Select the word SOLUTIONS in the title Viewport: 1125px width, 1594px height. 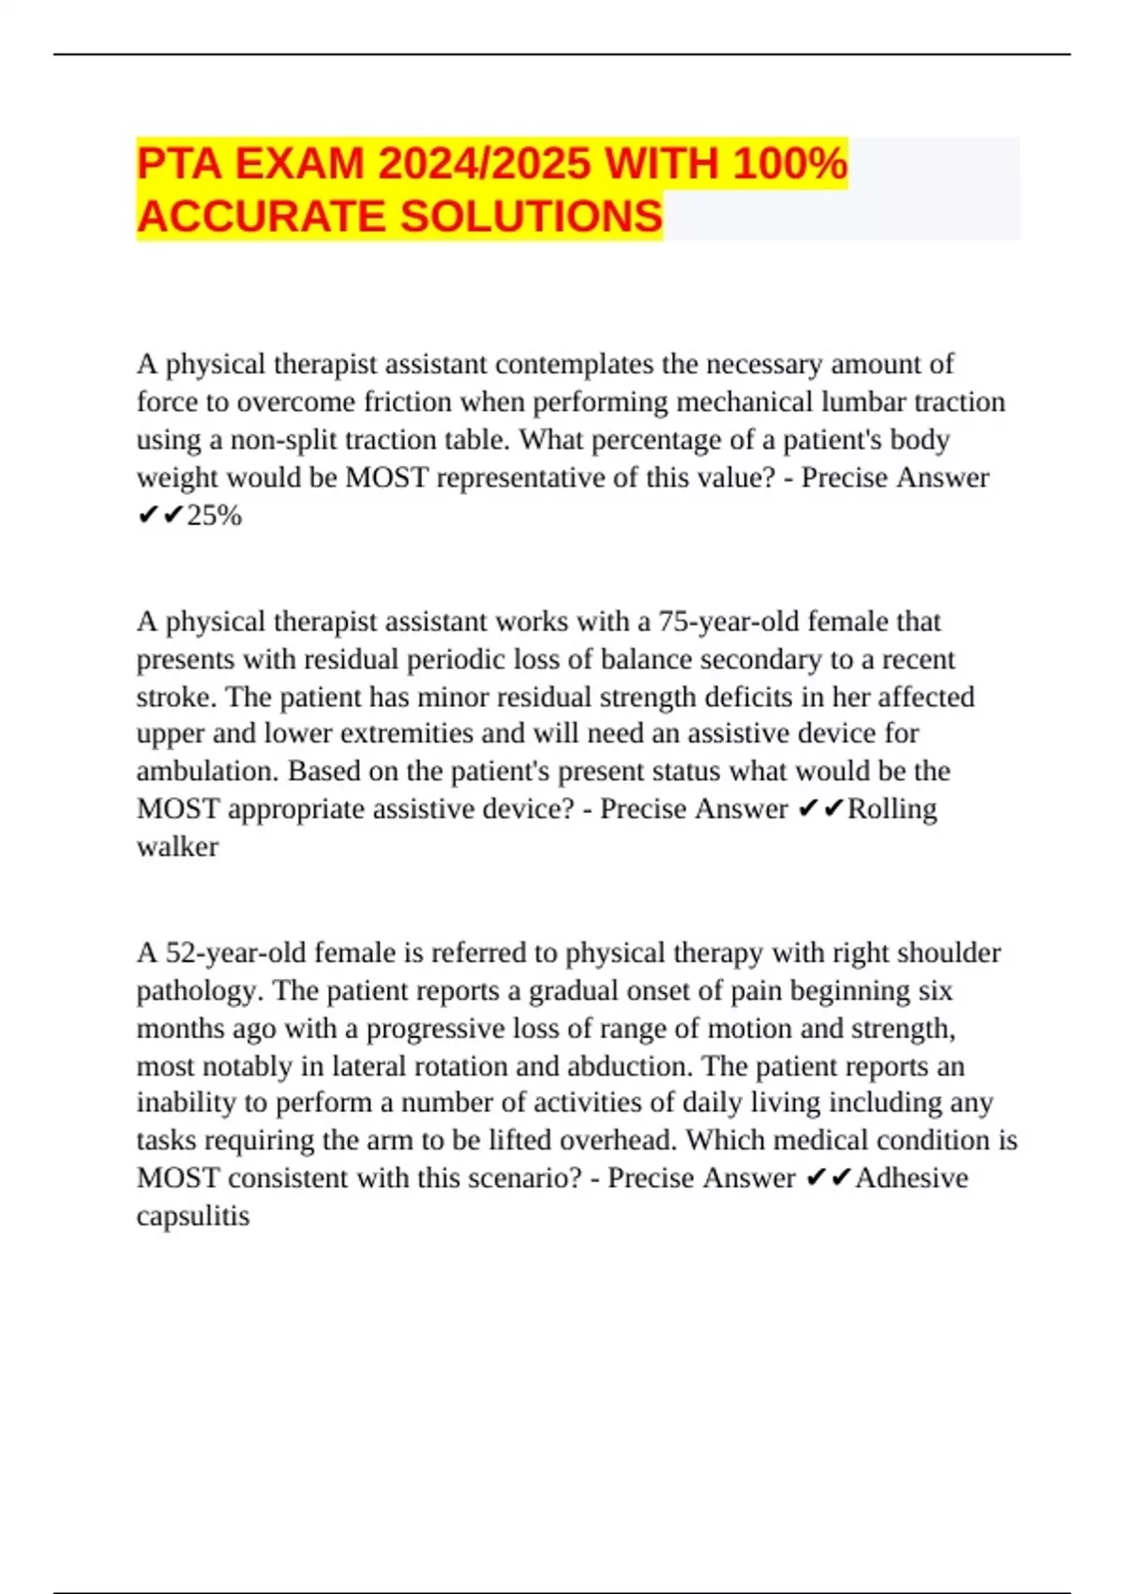click(x=532, y=217)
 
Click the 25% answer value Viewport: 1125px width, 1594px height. click(x=215, y=516)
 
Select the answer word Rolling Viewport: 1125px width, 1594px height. click(x=892, y=809)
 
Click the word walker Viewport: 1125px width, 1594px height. click(x=177, y=847)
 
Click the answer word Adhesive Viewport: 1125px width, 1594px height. click(x=911, y=1178)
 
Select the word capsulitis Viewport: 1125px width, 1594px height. click(x=193, y=1216)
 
